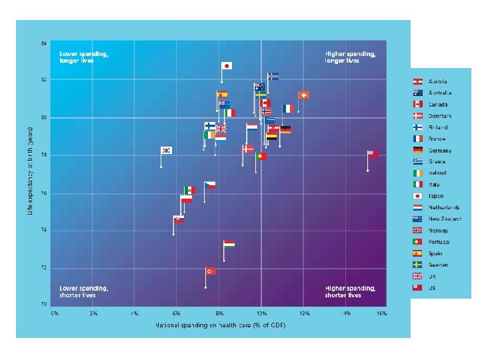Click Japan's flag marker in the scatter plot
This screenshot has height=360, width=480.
coord(227,66)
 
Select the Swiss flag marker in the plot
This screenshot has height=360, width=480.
coord(303,95)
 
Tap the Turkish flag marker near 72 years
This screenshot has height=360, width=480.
coord(211,271)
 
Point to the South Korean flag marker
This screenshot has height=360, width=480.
coord(167,151)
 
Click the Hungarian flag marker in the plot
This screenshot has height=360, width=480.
coord(229,245)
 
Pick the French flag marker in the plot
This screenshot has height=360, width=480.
coord(287,108)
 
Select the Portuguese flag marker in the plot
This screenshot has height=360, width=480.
coord(261,156)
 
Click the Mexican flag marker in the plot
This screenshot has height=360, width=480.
coord(189,190)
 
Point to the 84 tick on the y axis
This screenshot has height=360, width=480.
coord(44,43)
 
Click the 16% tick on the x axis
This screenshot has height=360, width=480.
coord(382,313)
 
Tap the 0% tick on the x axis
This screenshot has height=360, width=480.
coord(55,313)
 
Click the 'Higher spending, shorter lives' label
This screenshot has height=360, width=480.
coord(350,291)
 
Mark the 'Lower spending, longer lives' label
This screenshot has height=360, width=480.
coord(84,56)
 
